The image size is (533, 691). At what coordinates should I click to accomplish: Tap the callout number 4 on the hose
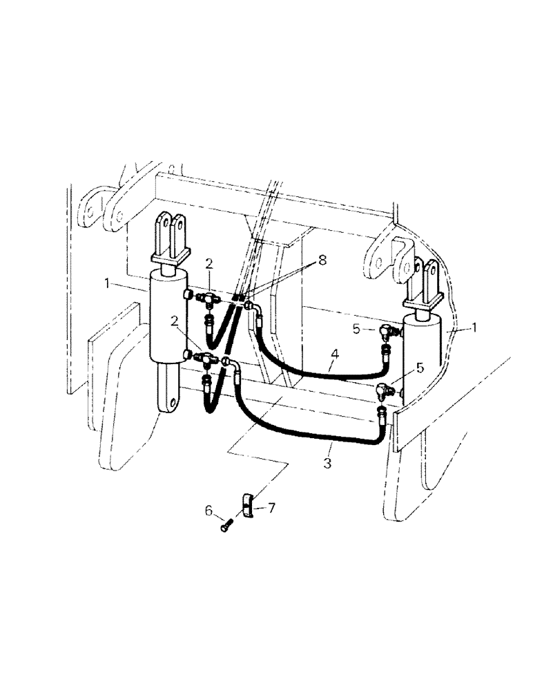[334, 354]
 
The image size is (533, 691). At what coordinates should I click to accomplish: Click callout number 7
[271, 508]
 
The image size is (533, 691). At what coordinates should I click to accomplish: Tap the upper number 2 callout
[209, 263]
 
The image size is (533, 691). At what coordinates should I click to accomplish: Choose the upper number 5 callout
[357, 330]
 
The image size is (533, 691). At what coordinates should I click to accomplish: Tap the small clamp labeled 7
[249, 505]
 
